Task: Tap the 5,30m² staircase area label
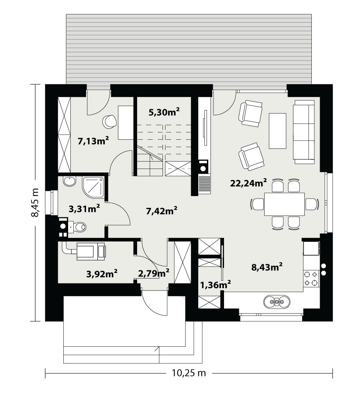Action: [x=164, y=112]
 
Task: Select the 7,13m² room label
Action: [x=93, y=141]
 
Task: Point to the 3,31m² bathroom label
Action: [x=84, y=208]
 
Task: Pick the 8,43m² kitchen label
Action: [x=267, y=267]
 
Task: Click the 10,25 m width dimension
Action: [x=189, y=373]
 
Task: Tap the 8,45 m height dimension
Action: [x=35, y=202]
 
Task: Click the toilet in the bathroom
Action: [x=77, y=227]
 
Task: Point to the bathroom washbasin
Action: [x=69, y=181]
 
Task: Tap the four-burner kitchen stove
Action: [x=311, y=279]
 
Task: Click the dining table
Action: [x=284, y=204]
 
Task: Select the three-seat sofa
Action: [x=304, y=132]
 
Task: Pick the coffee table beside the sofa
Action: [x=278, y=131]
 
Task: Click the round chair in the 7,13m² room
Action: [x=110, y=122]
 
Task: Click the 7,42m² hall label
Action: [x=162, y=211]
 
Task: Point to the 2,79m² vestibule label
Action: [x=153, y=273]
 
